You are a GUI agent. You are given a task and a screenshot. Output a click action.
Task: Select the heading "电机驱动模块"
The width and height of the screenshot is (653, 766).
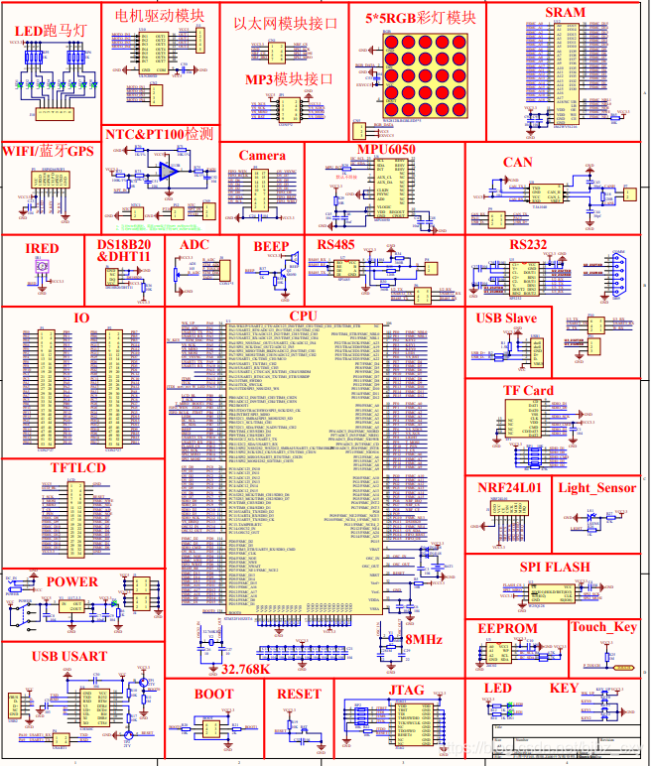pos(161,16)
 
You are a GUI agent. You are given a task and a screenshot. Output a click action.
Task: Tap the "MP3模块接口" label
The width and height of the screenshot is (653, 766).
pos(289,79)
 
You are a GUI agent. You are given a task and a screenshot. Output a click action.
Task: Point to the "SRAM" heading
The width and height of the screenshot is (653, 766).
pos(566,12)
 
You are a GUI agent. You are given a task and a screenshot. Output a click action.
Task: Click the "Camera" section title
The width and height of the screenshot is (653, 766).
pos(262,156)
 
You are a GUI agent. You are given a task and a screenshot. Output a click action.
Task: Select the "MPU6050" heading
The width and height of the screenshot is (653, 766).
pos(386,150)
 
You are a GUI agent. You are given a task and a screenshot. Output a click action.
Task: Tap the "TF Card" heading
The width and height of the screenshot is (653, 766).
pos(529,391)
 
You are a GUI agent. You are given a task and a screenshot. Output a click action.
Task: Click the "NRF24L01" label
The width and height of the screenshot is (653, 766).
pos(509,488)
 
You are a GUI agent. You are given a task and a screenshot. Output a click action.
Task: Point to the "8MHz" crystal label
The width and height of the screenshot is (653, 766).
pos(423,640)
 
